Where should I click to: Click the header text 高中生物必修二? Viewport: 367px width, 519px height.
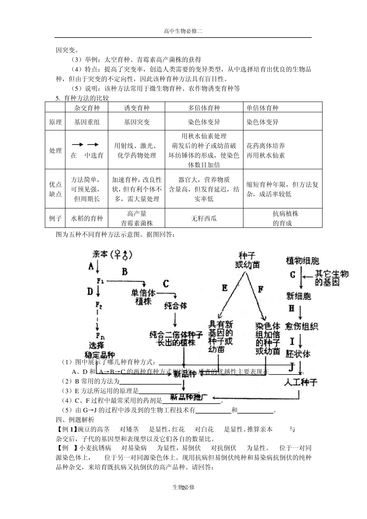[x=183, y=32]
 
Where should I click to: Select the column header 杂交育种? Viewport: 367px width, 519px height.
[x=87, y=108]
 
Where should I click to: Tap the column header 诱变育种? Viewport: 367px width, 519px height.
[x=136, y=108]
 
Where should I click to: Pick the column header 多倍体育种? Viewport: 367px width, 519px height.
[x=204, y=108]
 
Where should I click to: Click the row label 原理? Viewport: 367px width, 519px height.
[x=55, y=122]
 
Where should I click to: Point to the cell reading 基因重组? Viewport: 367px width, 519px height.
[x=87, y=122]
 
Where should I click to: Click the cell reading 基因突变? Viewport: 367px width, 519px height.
[x=136, y=122]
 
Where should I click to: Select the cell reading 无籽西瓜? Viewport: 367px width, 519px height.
[x=204, y=219]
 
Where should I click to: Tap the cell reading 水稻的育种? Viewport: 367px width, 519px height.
[x=87, y=219]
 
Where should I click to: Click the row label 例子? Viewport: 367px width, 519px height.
[x=55, y=219]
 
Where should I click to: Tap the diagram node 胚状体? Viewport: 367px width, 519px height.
[x=298, y=354]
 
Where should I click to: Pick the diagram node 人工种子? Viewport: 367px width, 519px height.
[x=300, y=382]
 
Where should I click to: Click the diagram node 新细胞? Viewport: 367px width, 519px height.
[x=298, y=296]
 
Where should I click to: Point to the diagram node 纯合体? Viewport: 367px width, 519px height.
[x=175, y=306]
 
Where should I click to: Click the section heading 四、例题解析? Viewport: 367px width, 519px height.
[x=75, y=420]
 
